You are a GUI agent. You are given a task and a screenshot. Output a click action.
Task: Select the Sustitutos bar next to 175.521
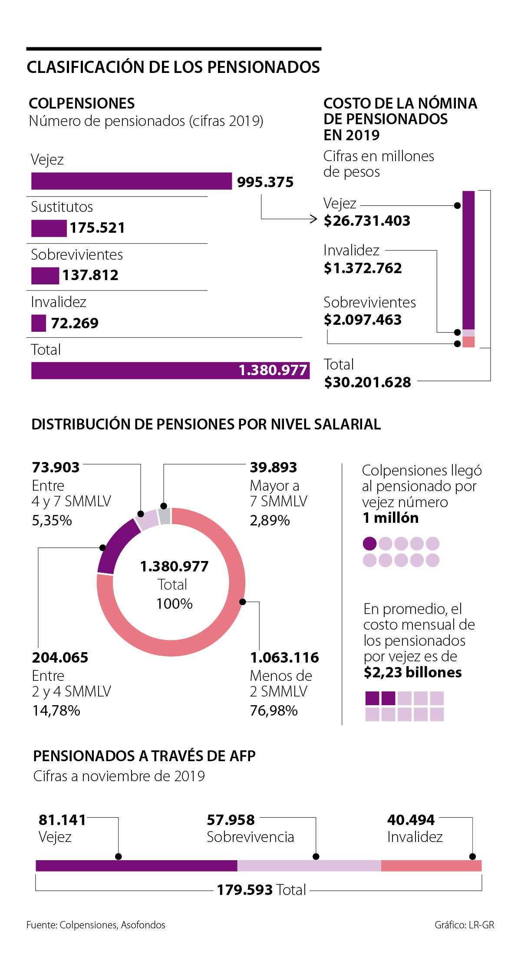[x=49, y=228]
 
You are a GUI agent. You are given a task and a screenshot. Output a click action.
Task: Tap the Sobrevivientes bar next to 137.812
[x=45, y=276]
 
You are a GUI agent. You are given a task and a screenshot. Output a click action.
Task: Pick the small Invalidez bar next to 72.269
[x=38, y=323]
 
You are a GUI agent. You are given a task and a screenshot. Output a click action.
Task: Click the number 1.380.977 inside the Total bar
[x=273, y=370]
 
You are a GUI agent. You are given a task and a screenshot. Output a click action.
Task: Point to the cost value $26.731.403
[x=367, y=221]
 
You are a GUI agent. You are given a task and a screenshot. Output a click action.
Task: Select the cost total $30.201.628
[x=367, y=382]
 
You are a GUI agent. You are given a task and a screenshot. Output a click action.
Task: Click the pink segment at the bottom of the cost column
[x=468, y=342]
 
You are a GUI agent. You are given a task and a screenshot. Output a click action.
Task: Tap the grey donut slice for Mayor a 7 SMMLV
[x=164, y=516]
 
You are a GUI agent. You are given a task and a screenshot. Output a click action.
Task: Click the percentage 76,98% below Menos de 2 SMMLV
[x=274, y=710]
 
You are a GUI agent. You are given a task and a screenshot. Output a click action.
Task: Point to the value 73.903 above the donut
[x=56, y=467]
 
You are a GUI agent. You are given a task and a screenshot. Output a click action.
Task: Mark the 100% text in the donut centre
[x=174, y=604]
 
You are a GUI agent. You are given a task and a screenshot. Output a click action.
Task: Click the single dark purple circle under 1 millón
[x=369, y=544]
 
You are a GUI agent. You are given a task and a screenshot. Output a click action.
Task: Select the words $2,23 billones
[x=412, y=672]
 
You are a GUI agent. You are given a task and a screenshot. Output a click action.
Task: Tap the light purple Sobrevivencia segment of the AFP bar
[x=309, y=865]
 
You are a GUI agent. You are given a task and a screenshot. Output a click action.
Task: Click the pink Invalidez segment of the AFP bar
[x=431, y=865]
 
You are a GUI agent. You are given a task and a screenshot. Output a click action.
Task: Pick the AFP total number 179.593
[x=245, y=890]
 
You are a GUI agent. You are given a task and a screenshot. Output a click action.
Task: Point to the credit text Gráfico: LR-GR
[x=464, y=925]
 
